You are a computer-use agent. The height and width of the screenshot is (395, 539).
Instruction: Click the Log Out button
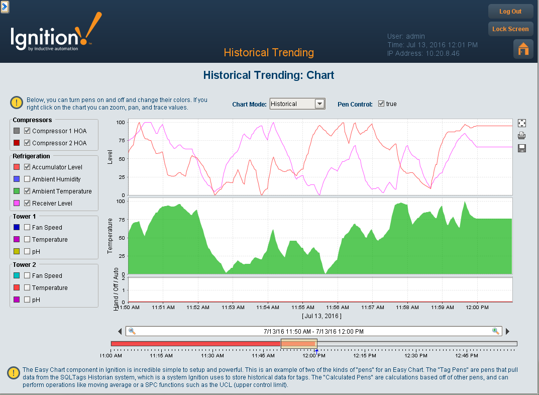[x=510, y=12]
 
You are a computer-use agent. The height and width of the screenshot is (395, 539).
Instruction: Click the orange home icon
[x=523, y=49]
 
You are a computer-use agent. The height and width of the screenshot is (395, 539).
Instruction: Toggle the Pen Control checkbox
[x=381, y=104]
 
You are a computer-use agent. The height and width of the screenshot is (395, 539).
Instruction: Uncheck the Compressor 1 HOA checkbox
[x=28, y=131]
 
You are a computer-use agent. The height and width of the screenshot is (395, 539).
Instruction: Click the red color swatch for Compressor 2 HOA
[x=17, y=143]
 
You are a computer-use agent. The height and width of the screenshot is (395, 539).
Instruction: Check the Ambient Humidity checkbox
[x=28, y=179]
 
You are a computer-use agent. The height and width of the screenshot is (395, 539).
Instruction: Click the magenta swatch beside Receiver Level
[x=17, y=204]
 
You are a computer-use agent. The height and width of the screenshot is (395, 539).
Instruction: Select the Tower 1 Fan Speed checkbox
[x=28, y=228]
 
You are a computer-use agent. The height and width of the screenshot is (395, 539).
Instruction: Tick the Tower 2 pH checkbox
[x=28, y=300]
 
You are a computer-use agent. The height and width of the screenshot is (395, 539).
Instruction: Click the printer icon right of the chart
[x=522, y=135]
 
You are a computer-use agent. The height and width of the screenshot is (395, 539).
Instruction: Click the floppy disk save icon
[x=522, y=148]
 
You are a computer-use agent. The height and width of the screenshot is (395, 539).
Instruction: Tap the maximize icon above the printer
[x=522, y=123]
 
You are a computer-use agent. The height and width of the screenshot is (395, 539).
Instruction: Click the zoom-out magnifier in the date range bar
[x=132, y=331]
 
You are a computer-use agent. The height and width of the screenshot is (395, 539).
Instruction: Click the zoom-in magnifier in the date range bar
[x=496, y=331]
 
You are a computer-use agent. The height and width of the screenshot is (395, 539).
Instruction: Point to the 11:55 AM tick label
[x=303, y=307]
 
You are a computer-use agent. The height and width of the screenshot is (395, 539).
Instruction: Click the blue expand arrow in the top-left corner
[x=5, y=7]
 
